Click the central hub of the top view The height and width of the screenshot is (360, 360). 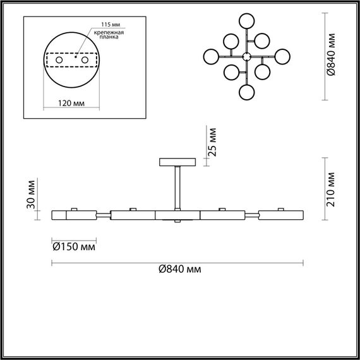(247, 56)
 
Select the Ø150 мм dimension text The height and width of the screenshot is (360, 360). (73, 246)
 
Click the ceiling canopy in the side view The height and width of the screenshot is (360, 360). (179, 162)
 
